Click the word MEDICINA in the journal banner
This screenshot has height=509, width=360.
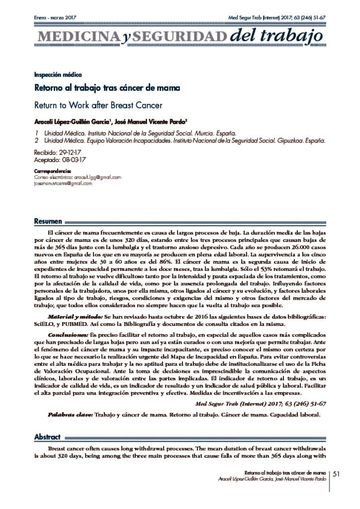coord(74,36)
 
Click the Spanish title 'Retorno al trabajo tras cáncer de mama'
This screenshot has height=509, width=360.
coord(99,88)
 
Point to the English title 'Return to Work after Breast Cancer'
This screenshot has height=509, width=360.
coord(98,105)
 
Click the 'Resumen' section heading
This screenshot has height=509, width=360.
coord(48,221)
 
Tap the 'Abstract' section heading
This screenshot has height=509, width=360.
coord(47,437)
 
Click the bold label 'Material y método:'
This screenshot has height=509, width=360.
coord(75,316)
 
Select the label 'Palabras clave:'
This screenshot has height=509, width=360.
coord(70,414)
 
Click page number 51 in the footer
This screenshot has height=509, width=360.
coord(336,474)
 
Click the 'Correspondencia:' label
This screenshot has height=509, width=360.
coord(53,171)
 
